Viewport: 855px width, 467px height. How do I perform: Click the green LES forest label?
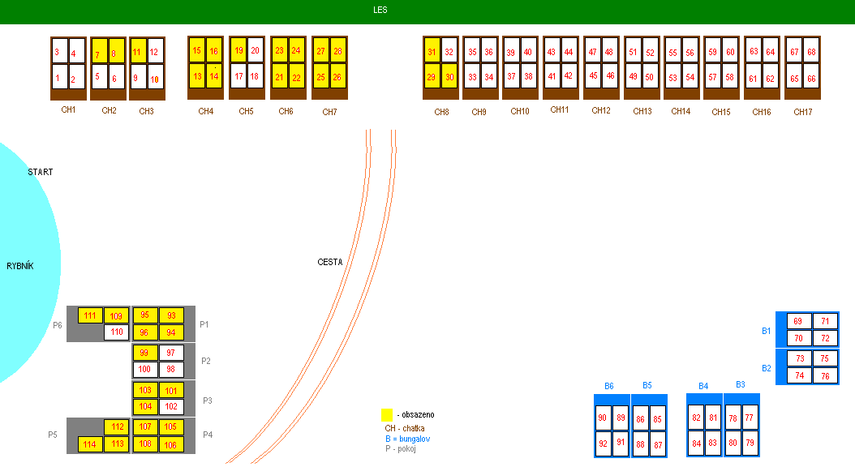[x=380, y=11]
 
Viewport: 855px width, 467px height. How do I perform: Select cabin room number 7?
[x=98, y=54]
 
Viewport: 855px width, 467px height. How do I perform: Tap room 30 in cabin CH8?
[x=449, y=77]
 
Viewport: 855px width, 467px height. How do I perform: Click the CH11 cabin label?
[x=560, y=109]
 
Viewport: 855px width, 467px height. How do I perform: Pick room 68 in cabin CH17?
[x=812, y=52]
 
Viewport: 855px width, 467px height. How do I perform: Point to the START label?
[x=41, y=173]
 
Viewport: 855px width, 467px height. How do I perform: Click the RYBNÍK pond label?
[x=22, y=266]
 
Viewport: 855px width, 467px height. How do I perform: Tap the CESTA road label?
[x=330, y=262]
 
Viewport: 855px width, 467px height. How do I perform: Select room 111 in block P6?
[x=90, y=315]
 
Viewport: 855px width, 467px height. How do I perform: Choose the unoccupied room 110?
[x=116, y=332]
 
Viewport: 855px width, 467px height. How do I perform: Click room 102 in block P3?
[x=170, y=406]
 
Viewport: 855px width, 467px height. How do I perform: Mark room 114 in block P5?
[x=90, y=443]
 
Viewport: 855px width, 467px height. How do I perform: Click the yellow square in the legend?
[x=387, y=414]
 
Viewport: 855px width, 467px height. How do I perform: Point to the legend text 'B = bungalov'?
[x=407, y=439]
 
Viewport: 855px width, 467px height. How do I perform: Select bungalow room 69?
[x=797, y=321]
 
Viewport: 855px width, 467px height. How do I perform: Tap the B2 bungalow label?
[x=767, y=368]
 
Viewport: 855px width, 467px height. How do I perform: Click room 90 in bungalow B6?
[x=602, y=418]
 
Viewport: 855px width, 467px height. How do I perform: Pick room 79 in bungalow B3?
[x=750, y=443]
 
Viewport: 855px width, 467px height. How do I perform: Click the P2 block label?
[x=205, y=361]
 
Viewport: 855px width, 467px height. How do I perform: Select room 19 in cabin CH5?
[x=238, y=50]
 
